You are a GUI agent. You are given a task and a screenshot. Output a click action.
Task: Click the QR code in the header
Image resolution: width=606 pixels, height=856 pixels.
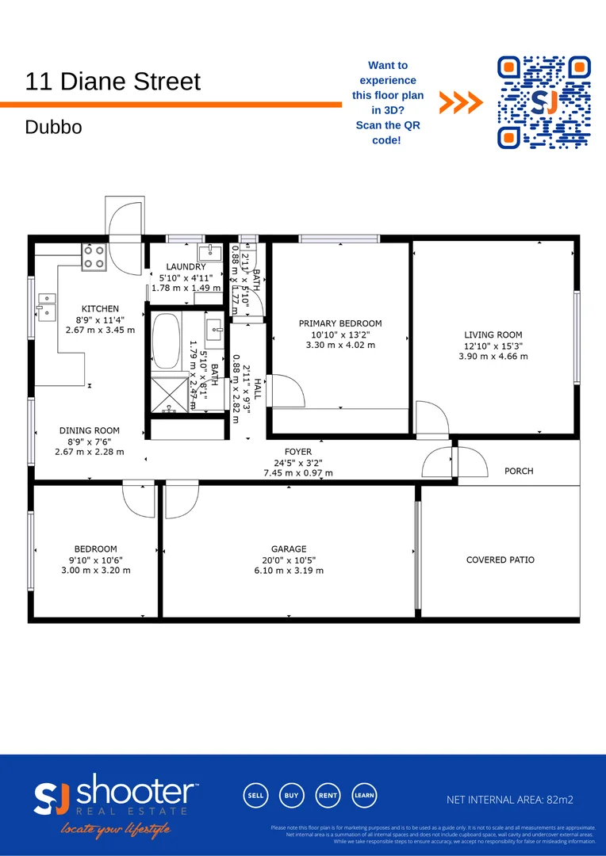(x=544, y=102)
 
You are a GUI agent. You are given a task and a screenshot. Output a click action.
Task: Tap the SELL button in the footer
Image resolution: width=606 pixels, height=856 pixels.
(x=255, y=795)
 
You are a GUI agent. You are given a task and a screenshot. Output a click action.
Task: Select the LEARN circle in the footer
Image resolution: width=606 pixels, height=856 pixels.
(x=364, y=795)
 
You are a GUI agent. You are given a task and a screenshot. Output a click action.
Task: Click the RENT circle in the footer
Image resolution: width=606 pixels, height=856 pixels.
(x=328, y=795)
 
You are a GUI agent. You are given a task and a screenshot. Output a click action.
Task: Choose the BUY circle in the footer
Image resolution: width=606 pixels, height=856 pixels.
(x=291, y=795)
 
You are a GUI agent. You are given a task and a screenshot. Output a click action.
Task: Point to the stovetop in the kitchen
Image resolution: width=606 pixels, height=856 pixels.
(x=94, y=256)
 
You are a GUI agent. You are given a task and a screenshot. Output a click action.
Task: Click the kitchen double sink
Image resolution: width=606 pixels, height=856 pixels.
(x=46, y=306)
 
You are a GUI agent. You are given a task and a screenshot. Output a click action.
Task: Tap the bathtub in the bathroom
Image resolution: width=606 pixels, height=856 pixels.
(x=166, y=341)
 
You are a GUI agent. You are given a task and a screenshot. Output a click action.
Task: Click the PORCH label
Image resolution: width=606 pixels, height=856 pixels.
(x=519, y=471)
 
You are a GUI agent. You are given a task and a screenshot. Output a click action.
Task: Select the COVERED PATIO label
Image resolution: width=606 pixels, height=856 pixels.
(x=500, y=560)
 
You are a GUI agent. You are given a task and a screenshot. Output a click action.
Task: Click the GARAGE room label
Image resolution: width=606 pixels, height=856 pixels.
(x=288, y=548)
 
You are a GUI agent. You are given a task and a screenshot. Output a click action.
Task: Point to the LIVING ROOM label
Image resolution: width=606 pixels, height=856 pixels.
(x=493, y=335)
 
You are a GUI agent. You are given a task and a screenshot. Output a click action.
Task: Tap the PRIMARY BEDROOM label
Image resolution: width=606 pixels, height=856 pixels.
(x=340, y=323)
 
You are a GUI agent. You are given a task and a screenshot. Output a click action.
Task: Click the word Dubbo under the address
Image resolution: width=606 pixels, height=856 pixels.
(x=53, y=127)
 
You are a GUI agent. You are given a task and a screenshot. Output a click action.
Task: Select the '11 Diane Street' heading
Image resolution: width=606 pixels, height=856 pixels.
(x=113, y=82)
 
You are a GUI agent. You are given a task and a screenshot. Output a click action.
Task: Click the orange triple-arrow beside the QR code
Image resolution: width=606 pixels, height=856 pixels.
(x=461, y=102)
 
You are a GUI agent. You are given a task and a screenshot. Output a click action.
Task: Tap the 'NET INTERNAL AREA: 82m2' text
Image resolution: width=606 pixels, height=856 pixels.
(x=508, y=800)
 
